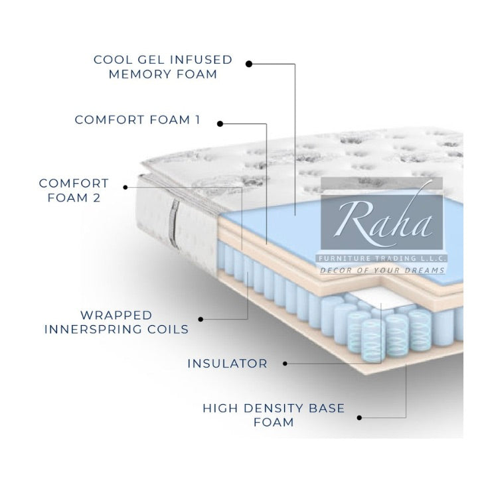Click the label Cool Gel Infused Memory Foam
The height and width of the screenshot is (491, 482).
[x=163, y=66]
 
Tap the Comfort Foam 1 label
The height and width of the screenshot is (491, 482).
[x=137, y=120]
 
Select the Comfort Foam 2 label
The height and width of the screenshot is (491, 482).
[x=73, y=189]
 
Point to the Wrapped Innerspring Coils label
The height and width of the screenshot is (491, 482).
[x=116, y=322]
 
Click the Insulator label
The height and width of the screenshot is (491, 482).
[x=227, y=364]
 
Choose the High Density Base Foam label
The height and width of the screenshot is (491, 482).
[x=274, y=415]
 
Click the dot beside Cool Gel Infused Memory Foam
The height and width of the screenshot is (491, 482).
[x=249, y=64]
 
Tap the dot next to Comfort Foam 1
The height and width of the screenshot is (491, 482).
[x=220, y=123]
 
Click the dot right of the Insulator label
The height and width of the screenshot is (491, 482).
[x=285, y=364]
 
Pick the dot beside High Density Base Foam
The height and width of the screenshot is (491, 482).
[x=359, y=417]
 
